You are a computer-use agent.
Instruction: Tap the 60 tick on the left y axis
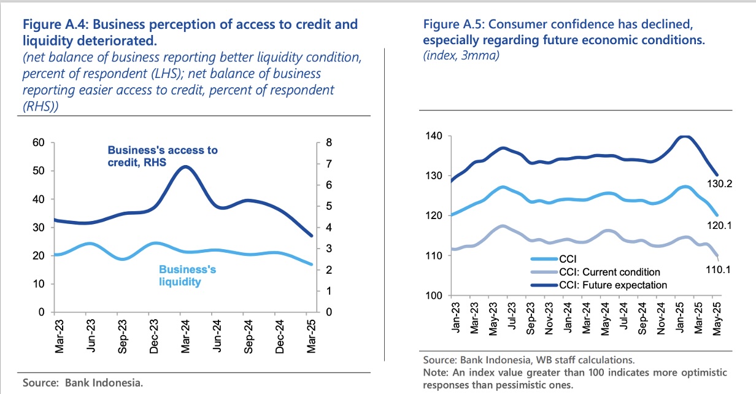(39, 143)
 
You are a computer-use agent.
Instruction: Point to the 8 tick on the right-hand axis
(329, 143)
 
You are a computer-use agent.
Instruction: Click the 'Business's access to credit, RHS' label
(162, 155)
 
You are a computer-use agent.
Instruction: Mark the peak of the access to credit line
(186, 167)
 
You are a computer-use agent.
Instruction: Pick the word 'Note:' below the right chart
(436, 373)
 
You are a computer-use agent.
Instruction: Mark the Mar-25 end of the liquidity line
(312, 265)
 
